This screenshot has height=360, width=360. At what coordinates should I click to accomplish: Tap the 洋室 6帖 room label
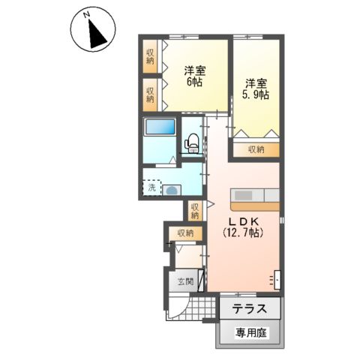pos(193,76)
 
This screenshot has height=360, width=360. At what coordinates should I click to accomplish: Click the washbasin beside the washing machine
pos(172,190)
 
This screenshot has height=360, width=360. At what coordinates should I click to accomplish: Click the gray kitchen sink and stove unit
pos(255,194)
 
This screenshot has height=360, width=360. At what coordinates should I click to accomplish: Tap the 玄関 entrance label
pos(185,283)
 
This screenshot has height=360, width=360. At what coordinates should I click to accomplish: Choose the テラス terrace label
pos(250,308)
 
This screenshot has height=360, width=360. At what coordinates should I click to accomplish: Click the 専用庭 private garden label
pos(250,331)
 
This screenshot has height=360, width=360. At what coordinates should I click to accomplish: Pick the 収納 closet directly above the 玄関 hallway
pos(185,233)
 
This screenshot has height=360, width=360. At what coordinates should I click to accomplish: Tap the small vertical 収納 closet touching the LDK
pos(195,211)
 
